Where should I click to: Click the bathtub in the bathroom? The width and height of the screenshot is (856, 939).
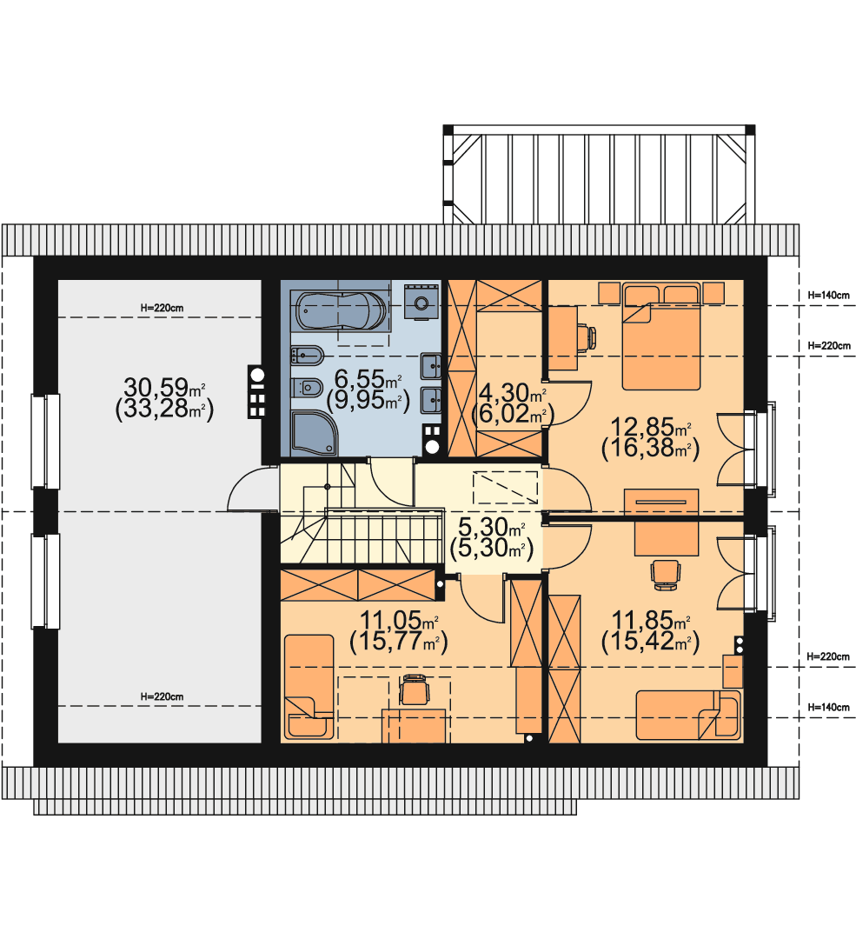click(340, 310)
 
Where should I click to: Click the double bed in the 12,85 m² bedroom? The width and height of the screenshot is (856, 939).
click(660, 337)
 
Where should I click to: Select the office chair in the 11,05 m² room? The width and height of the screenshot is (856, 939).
click(415, 689)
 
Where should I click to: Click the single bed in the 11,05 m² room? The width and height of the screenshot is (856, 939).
click(309, 686)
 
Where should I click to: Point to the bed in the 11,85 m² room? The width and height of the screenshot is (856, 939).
click(688, 715)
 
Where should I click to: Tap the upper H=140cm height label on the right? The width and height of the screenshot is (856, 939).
click(828, 296)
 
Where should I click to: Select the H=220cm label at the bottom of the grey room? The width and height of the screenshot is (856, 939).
click(162, 696)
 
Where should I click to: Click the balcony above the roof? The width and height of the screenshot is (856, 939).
click(599, 174)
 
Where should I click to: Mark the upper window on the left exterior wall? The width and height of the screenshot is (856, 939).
click(45, 441)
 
